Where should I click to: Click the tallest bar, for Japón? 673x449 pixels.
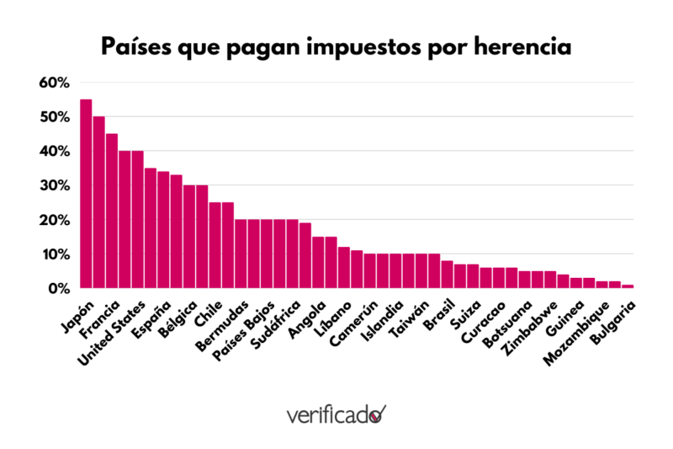(x=86, y=194)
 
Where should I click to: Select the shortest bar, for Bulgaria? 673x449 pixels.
(x=628, y=286)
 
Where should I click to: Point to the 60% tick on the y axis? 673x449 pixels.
(x=53, y=83)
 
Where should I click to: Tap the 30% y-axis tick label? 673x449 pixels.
(x=53, y=185)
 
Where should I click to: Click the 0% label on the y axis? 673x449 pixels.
(x=56, y=288)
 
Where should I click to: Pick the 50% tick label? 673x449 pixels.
(x=53, y=117)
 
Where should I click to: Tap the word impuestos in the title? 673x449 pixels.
(x=347, y=46)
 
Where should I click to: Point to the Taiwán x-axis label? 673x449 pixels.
(x=410, y=322)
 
